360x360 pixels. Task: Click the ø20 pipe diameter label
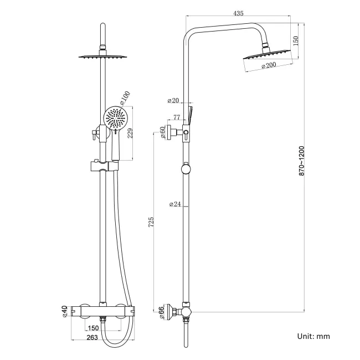pos(174,101)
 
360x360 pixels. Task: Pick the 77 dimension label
pos(177,117)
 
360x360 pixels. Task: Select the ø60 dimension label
pos(162,132)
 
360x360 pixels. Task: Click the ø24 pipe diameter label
pos(174,204)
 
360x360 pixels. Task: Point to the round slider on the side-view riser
pos(186,169)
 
